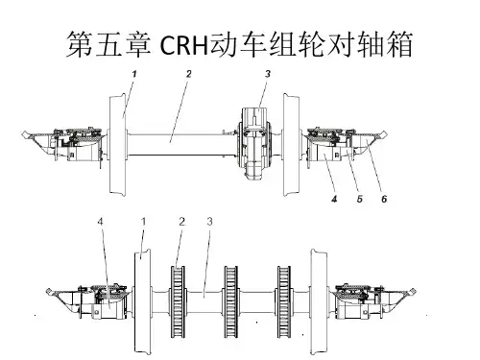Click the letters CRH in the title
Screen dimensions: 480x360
tap(183, 45)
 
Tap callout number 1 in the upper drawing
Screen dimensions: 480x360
tap(134, 74)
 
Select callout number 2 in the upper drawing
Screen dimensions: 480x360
tap(189, 74)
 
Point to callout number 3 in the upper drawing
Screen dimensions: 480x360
tap(268, 74)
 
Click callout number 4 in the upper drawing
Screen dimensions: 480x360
tap(334, 200)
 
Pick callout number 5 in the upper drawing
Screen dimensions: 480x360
tap(360, 200)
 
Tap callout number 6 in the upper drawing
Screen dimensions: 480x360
tap(384, 200)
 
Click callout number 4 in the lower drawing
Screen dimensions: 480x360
tap(101, 222)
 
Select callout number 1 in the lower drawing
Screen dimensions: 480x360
tap(144, 222)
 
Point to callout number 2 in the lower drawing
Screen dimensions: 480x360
tap(182, 222)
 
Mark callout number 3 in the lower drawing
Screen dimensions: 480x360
tap(209, 222)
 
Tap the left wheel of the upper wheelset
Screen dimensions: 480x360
tap(117, 144)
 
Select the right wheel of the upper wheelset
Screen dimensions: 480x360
tap(292, 144)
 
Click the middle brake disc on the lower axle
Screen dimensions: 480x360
tap(230, 301)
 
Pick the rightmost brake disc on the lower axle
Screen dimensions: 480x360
tap(284, 301)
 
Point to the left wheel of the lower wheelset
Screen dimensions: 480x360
tap(142, 300)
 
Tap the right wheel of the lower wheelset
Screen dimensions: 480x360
tap(319, 300)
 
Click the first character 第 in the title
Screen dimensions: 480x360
tap(79, 45)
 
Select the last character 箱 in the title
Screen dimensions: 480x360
tap(399, 45)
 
